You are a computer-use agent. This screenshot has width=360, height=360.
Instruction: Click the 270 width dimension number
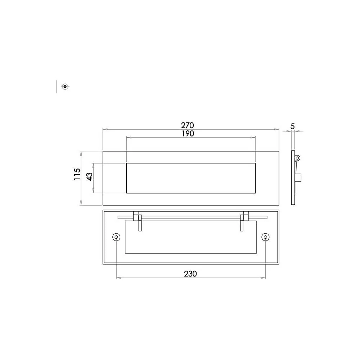pos(187,125)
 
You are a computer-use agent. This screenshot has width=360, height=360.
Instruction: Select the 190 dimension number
pos(188,134)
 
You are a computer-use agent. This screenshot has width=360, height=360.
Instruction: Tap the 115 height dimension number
pos(77,174)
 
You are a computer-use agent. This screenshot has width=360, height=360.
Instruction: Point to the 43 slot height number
pos(90,176)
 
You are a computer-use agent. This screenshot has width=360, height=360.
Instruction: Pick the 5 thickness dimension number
pos(292,126)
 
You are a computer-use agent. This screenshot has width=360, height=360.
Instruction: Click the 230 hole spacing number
pos(190,274)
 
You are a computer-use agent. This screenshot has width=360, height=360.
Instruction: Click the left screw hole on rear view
pos(116,237)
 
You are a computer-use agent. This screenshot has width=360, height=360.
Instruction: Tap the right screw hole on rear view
pos(265,237)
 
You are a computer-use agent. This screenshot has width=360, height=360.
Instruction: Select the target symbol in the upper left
pos(65,86)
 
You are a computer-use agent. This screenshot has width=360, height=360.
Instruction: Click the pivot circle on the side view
pos(298,158)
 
